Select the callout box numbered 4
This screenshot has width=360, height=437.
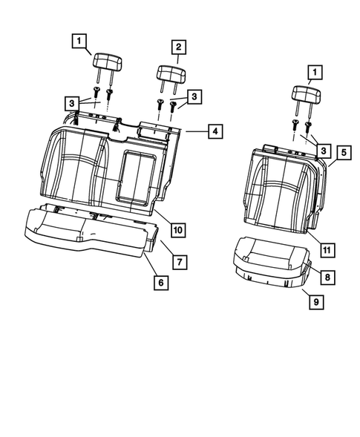[x=214, y=132]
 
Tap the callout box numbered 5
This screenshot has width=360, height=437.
[x=343, y=152]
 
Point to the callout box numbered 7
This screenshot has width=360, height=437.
[x=178, y=261]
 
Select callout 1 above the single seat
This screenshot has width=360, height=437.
[x=315, y=72]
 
